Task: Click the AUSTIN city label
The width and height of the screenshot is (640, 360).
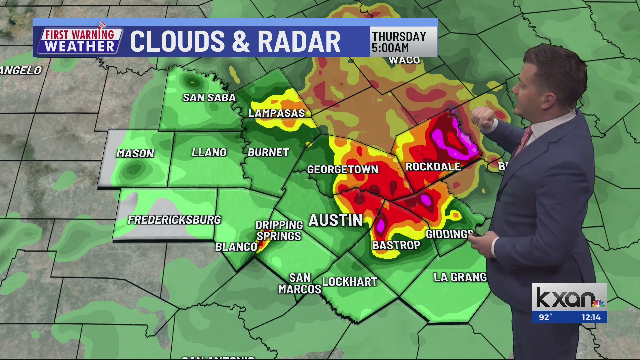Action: coord(335,220)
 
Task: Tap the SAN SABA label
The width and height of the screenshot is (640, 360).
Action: coord(209,97)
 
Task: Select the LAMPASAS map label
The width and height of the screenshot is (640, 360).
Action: coord(276,113)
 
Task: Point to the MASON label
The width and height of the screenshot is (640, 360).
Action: coord(135,153)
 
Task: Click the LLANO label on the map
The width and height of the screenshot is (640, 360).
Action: coord(209,152)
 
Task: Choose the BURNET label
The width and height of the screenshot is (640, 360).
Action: coord(268,152)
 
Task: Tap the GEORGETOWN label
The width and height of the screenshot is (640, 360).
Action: coord(342,169)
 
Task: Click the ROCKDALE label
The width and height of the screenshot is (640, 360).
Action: coord(433,167)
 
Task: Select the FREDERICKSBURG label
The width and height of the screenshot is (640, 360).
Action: coord(174,220)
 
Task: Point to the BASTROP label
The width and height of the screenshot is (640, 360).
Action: coord(396,245)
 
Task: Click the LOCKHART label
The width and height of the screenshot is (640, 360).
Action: coord(350,282)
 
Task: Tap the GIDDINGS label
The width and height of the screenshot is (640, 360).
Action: coord(449,234)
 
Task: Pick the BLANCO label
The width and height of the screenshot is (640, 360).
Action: coord(236,247)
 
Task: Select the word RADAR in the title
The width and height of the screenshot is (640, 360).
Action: coord(299,42)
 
